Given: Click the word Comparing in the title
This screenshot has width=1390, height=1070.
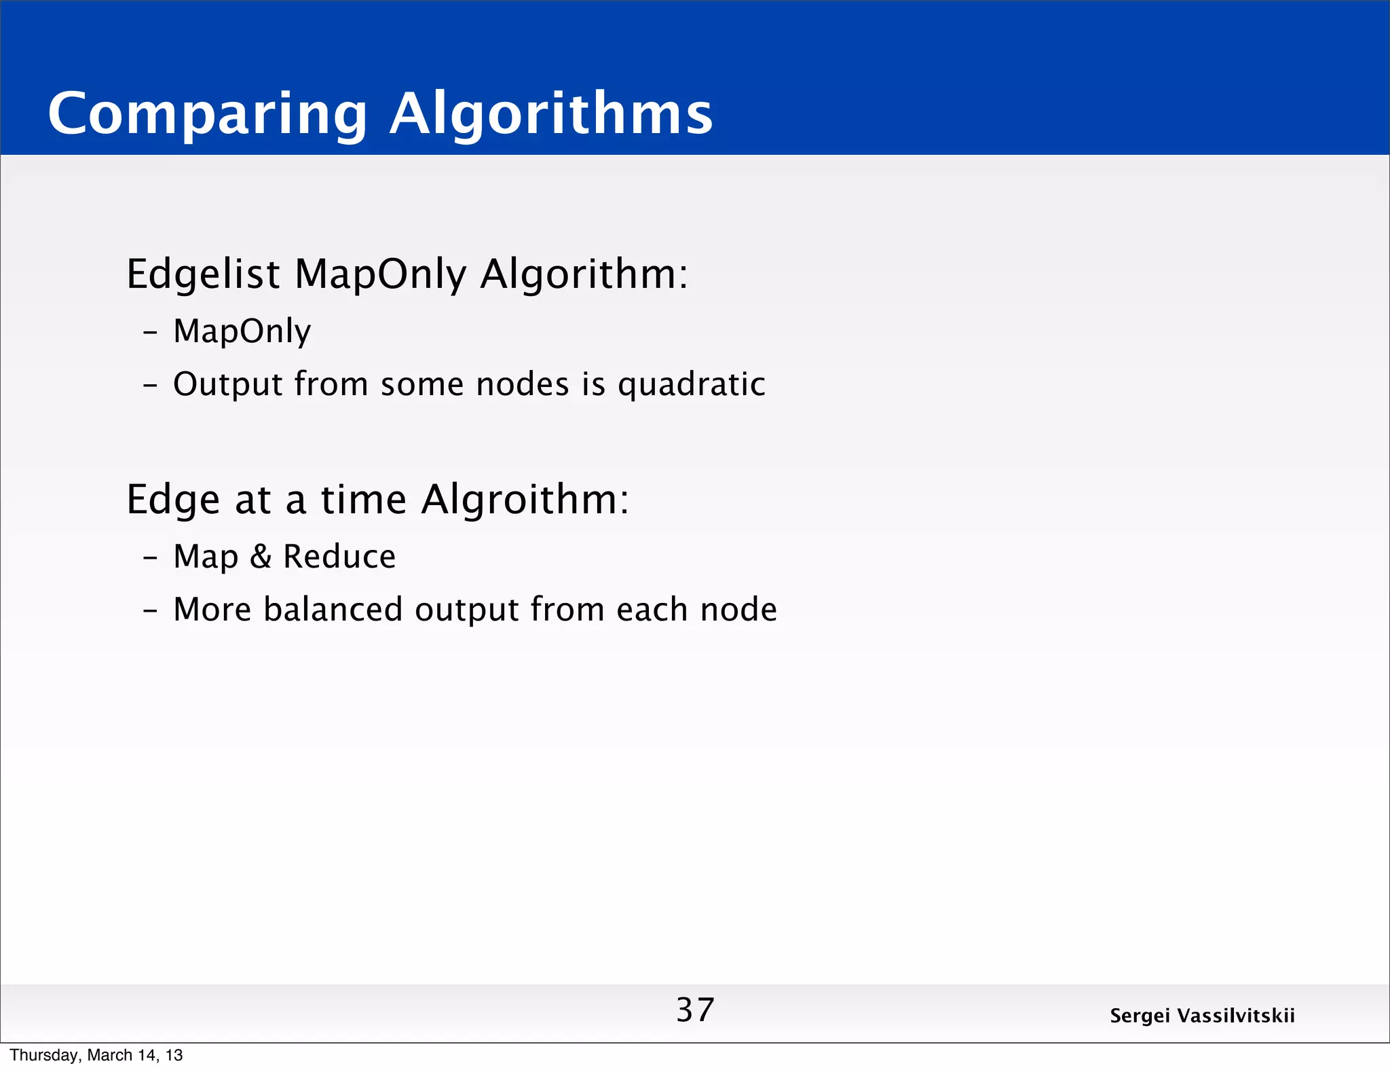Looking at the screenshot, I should (x=207, y=114).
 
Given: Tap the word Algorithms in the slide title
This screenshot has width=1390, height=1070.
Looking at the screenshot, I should (x=550, y=114).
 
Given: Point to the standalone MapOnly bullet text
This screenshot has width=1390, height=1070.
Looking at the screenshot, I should (x=242, y=331).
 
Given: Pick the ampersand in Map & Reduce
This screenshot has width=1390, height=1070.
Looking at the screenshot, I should (x=261, y=557).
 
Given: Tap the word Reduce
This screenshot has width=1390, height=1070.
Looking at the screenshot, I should (x=339, y=557).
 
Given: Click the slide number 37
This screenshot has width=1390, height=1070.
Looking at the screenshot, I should (x=695, y=1010).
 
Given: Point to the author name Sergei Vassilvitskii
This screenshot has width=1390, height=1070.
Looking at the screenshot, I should (x=1202, y=1016).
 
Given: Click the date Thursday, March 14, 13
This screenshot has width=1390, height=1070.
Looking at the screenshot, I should (x=96, y=1055).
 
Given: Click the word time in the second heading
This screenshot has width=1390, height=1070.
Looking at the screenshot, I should (x=363, y=499).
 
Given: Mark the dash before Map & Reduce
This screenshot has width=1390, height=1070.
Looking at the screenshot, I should (x=150, y=557).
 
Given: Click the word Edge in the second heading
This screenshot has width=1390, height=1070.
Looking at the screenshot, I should (x=173, y=500).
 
